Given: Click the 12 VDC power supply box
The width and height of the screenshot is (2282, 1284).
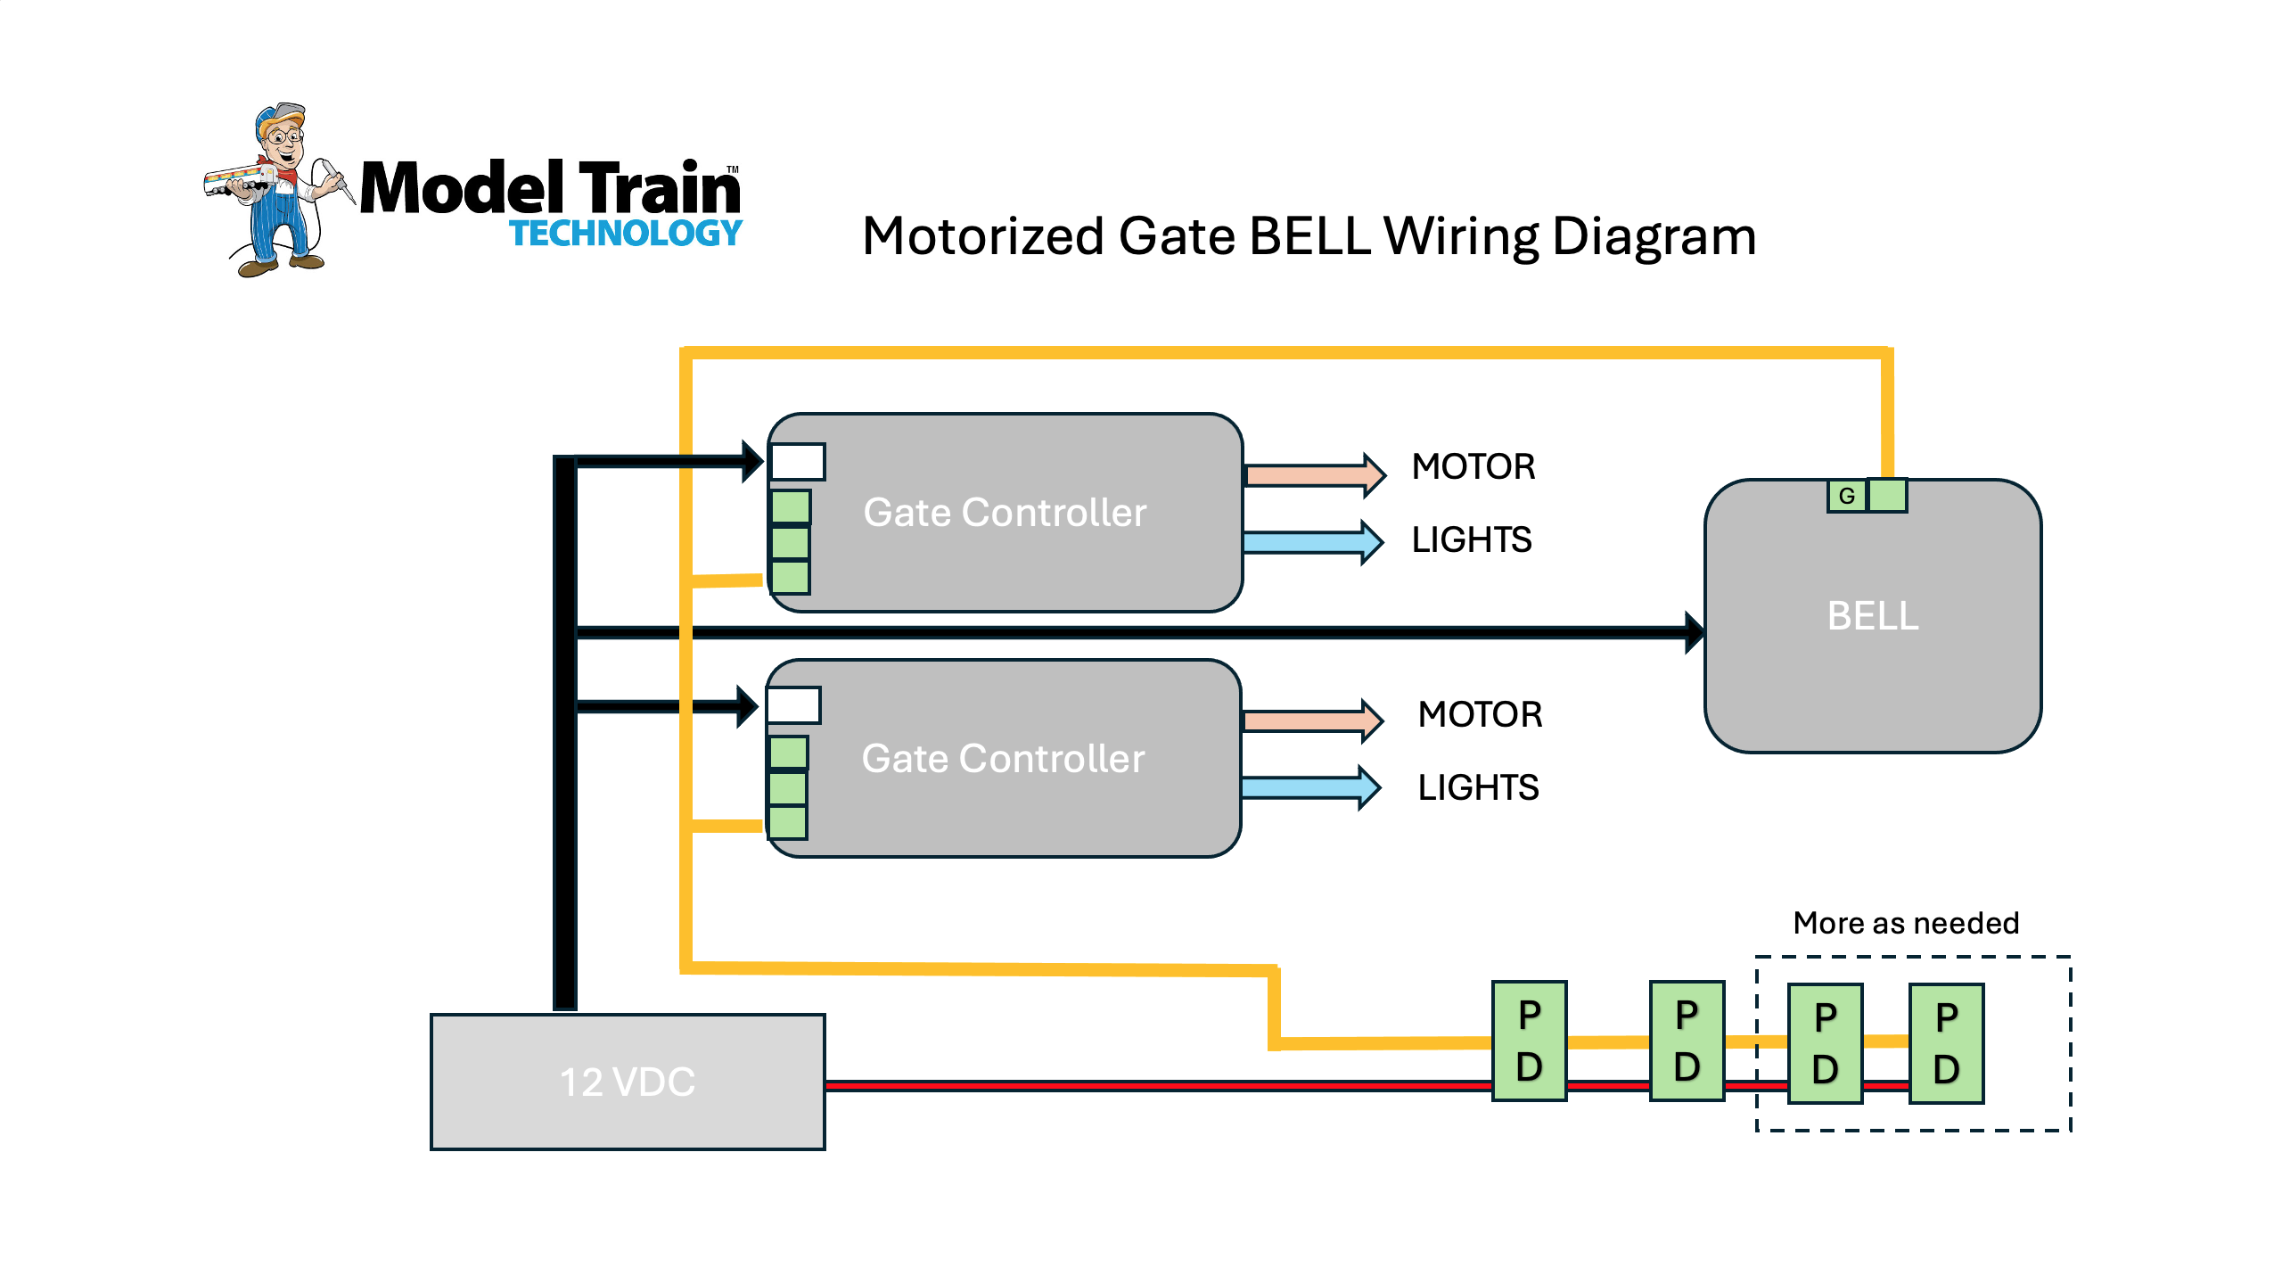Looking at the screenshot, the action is pyautogui.click(x=628, y=1082).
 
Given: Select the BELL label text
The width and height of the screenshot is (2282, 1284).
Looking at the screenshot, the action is pyautogui.click(x=1873, y=616).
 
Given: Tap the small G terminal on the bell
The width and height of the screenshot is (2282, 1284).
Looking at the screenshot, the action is pyautogui.click(x=1847, y=496).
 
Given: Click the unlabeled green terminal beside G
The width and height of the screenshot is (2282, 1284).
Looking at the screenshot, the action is pyautogui.click(x=1887, y=496).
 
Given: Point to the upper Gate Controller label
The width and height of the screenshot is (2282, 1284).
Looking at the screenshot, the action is pyautogui.click(x=1005, y=513).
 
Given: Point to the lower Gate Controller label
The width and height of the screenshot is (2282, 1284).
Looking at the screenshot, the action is pyautogui.click(x=1003, y=759).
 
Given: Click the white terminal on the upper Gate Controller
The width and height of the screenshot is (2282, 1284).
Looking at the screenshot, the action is pyautogui.click(x=798, y=462).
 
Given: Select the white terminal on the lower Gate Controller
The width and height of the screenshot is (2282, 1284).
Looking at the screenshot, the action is pyautogui.click(x=793, y=705).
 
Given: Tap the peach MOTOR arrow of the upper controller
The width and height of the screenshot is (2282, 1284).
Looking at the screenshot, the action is pyautogui.click(x=1315, y=474).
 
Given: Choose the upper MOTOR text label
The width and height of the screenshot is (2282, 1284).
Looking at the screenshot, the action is pyautogui.click(x=1473, y=467).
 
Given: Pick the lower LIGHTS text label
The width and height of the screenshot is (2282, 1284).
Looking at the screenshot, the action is pyautogui.click(x=1478, y=788).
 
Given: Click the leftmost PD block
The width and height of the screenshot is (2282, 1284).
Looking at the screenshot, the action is pyautogui.click(x=1530, y=1041).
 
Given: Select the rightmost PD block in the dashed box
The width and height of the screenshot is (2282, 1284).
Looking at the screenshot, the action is pyautogui.click(x=1947, y=1043).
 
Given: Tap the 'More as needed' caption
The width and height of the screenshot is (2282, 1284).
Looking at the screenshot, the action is pyautogui.click(x=1906, y=923).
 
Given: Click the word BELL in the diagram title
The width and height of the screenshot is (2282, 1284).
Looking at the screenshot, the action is pyautogui.click(x=1309, y=236).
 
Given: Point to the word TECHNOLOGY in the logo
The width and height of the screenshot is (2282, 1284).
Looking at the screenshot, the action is pyautogui.click(x=626, y=234).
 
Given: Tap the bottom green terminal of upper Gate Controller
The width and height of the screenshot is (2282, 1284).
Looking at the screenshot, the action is pyautogui.click(x=791, y=577).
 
